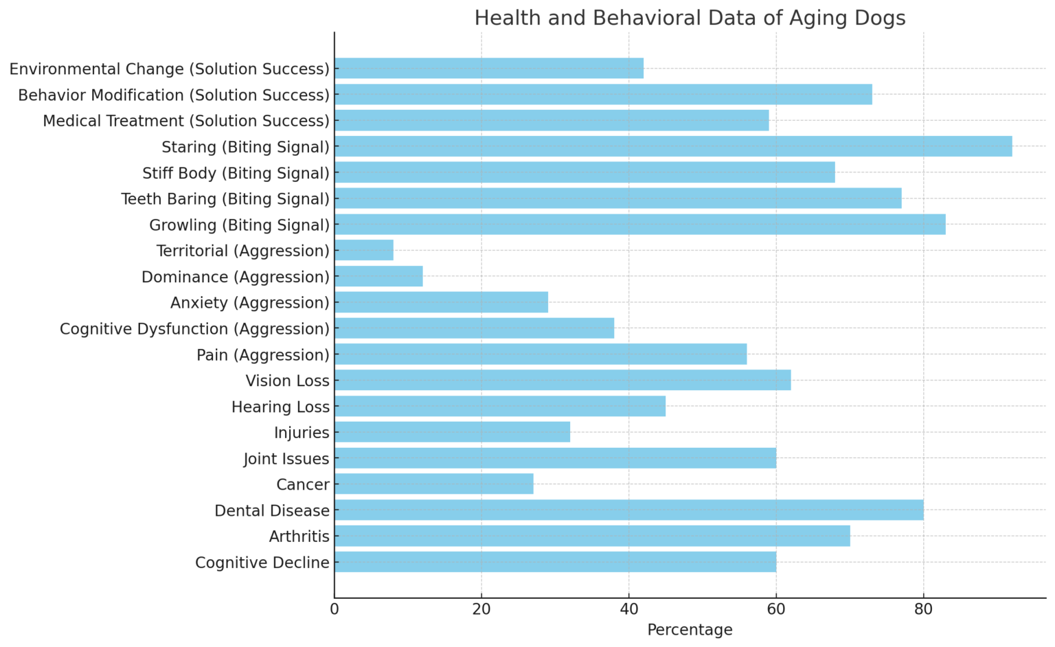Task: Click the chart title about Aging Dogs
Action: click(x=690, y=18)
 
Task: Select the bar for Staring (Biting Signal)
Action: click(x=673, y=146)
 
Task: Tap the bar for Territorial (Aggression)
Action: click(x=364, y=251)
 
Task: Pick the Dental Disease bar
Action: click(x=628, y=510)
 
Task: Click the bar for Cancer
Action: click(x=433, y=484)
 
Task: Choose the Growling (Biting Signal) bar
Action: click(x=639, y=225)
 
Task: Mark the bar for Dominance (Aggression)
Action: click(x=378, y=277)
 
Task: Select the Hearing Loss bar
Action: click(x=500, y=407)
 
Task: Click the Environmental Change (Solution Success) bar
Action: click(x=489, y=69)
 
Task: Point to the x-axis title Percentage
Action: click(x=690, y=630)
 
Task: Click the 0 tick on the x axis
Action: click(x=334, y=609)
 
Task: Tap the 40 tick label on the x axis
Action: click(x=628, y=609)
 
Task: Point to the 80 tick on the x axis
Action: click(x=923, y=609)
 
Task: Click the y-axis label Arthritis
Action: click(x=299, y=536)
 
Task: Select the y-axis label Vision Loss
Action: click(x=287, y=381)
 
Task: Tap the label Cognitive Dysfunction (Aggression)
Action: click(x=194, y=329)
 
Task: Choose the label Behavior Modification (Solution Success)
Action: click(x=174, y=95)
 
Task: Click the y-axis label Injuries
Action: click(x=302, y=433)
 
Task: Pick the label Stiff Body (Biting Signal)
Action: click(x=236, y=172)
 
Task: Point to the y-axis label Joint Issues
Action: click(x=286, y=459)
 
